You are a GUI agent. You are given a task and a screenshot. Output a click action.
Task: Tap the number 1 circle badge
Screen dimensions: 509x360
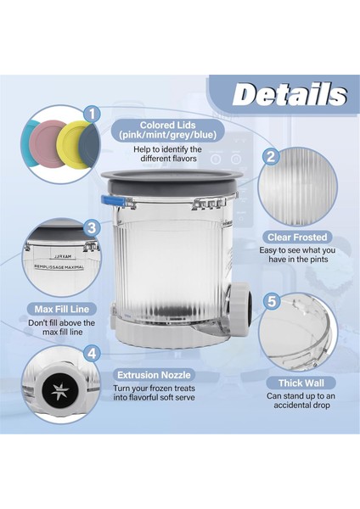(92, 113)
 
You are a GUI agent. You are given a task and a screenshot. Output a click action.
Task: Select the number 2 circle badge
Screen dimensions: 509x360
(271, 156)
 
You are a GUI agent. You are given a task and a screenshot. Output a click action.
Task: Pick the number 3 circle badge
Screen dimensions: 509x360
(92, 227)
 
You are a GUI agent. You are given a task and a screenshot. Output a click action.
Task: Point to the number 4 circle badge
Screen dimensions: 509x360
(92, 353)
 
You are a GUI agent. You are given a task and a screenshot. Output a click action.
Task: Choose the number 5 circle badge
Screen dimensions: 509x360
(271, 300)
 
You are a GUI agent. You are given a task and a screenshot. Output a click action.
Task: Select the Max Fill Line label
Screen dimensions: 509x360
(60, 309)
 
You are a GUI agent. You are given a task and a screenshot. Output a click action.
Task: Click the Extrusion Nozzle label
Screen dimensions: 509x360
(154, 373)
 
